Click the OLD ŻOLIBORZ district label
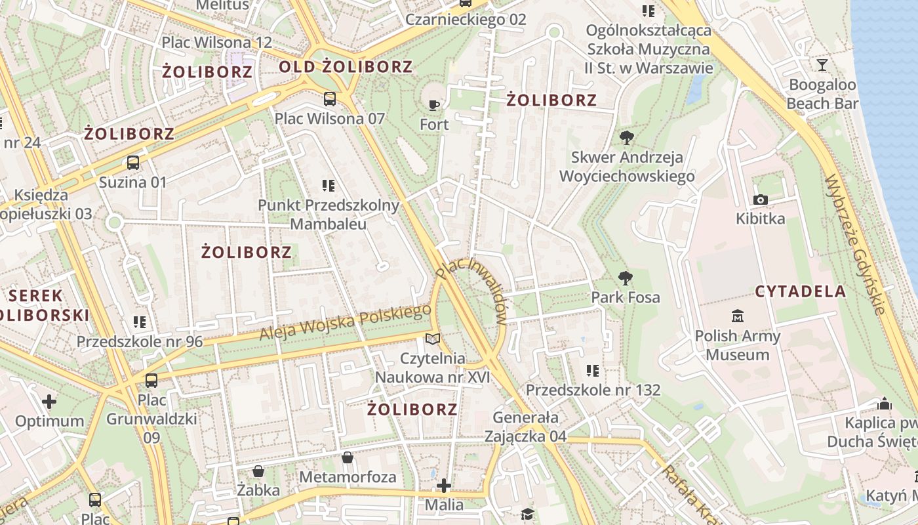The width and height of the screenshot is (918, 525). tap(346, 67)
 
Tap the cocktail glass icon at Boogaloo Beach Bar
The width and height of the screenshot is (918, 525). tap(822, 64)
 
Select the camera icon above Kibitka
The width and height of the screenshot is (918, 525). tap(761, 199)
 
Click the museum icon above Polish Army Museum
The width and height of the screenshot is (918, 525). tap(738, 317)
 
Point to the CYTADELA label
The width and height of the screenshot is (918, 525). tap(801, 292)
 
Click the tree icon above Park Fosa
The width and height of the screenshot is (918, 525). tap(626, 278)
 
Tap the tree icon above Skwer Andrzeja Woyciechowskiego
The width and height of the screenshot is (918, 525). tap(626, 138)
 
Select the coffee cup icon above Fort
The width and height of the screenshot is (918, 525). tap(433, 105)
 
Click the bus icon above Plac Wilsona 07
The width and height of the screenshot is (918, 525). tap(330, 99)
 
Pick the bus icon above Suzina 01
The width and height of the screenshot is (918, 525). tap(133, 162)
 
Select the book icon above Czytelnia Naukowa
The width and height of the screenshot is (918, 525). tap(432, 339)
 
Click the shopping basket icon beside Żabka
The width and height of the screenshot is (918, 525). tap(258, 471)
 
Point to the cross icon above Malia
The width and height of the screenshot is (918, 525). tap(444, 486)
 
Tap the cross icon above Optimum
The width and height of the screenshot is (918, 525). tap(49, 401)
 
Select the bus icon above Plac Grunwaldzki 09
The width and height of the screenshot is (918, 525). tap(151, 380)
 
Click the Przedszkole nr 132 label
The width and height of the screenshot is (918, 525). tap(593, 390)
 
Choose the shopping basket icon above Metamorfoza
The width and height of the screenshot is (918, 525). tap(347, 457)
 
